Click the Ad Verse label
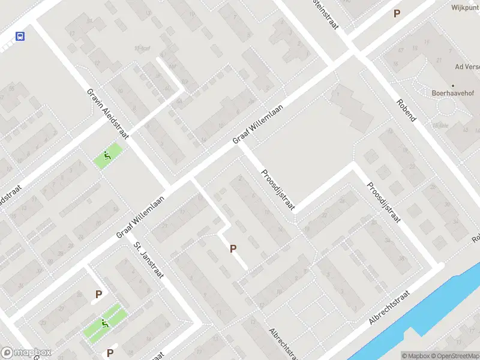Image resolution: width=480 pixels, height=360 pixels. coord(467,67)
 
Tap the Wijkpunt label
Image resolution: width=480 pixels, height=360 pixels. coord(465,8)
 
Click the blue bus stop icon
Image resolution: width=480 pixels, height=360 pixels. coord(20,36)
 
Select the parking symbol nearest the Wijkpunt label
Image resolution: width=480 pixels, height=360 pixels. coord(396,13)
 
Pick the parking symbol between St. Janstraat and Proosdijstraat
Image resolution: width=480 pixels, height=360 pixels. coord(233,248)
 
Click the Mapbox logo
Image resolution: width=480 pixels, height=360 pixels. coord(26,353)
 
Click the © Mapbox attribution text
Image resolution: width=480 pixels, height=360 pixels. coord(414,356)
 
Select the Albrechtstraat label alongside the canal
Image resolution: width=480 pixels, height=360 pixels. coord(389,308)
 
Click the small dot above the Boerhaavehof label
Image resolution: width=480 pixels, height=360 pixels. coord(453,85)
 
